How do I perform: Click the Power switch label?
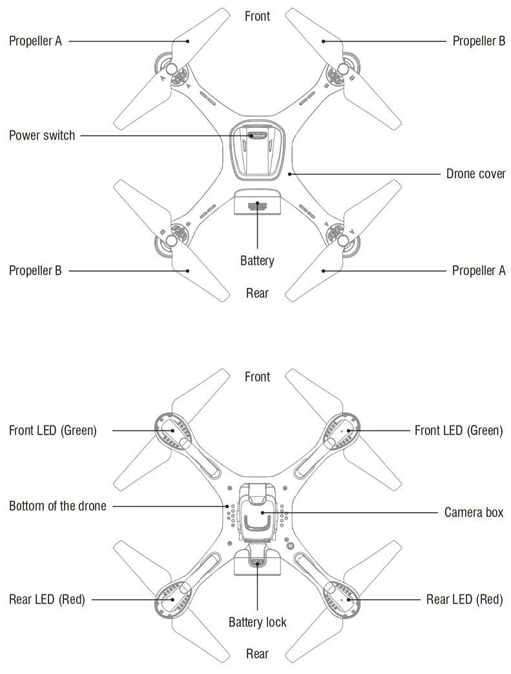point(42,136)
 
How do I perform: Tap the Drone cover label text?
point(476,174)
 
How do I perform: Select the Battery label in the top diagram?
point(257,261)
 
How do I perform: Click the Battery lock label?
point(257,622)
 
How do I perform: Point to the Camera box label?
point(474,513)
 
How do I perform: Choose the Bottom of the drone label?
point(57,505)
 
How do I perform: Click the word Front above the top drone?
point(257,16)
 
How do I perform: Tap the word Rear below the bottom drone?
point(257,654)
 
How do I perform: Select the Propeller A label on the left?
point(36,41)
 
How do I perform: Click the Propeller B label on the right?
point(479,41)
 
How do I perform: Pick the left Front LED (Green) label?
point(53,430)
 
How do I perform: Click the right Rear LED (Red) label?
point(464,599)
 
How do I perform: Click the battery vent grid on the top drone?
point(258,206)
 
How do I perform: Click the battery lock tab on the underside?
point(258,561)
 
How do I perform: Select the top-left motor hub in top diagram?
point(172,70)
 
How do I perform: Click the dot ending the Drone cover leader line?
point(291,174)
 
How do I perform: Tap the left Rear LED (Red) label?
point(47,599)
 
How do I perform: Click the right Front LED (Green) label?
point(458,430)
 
